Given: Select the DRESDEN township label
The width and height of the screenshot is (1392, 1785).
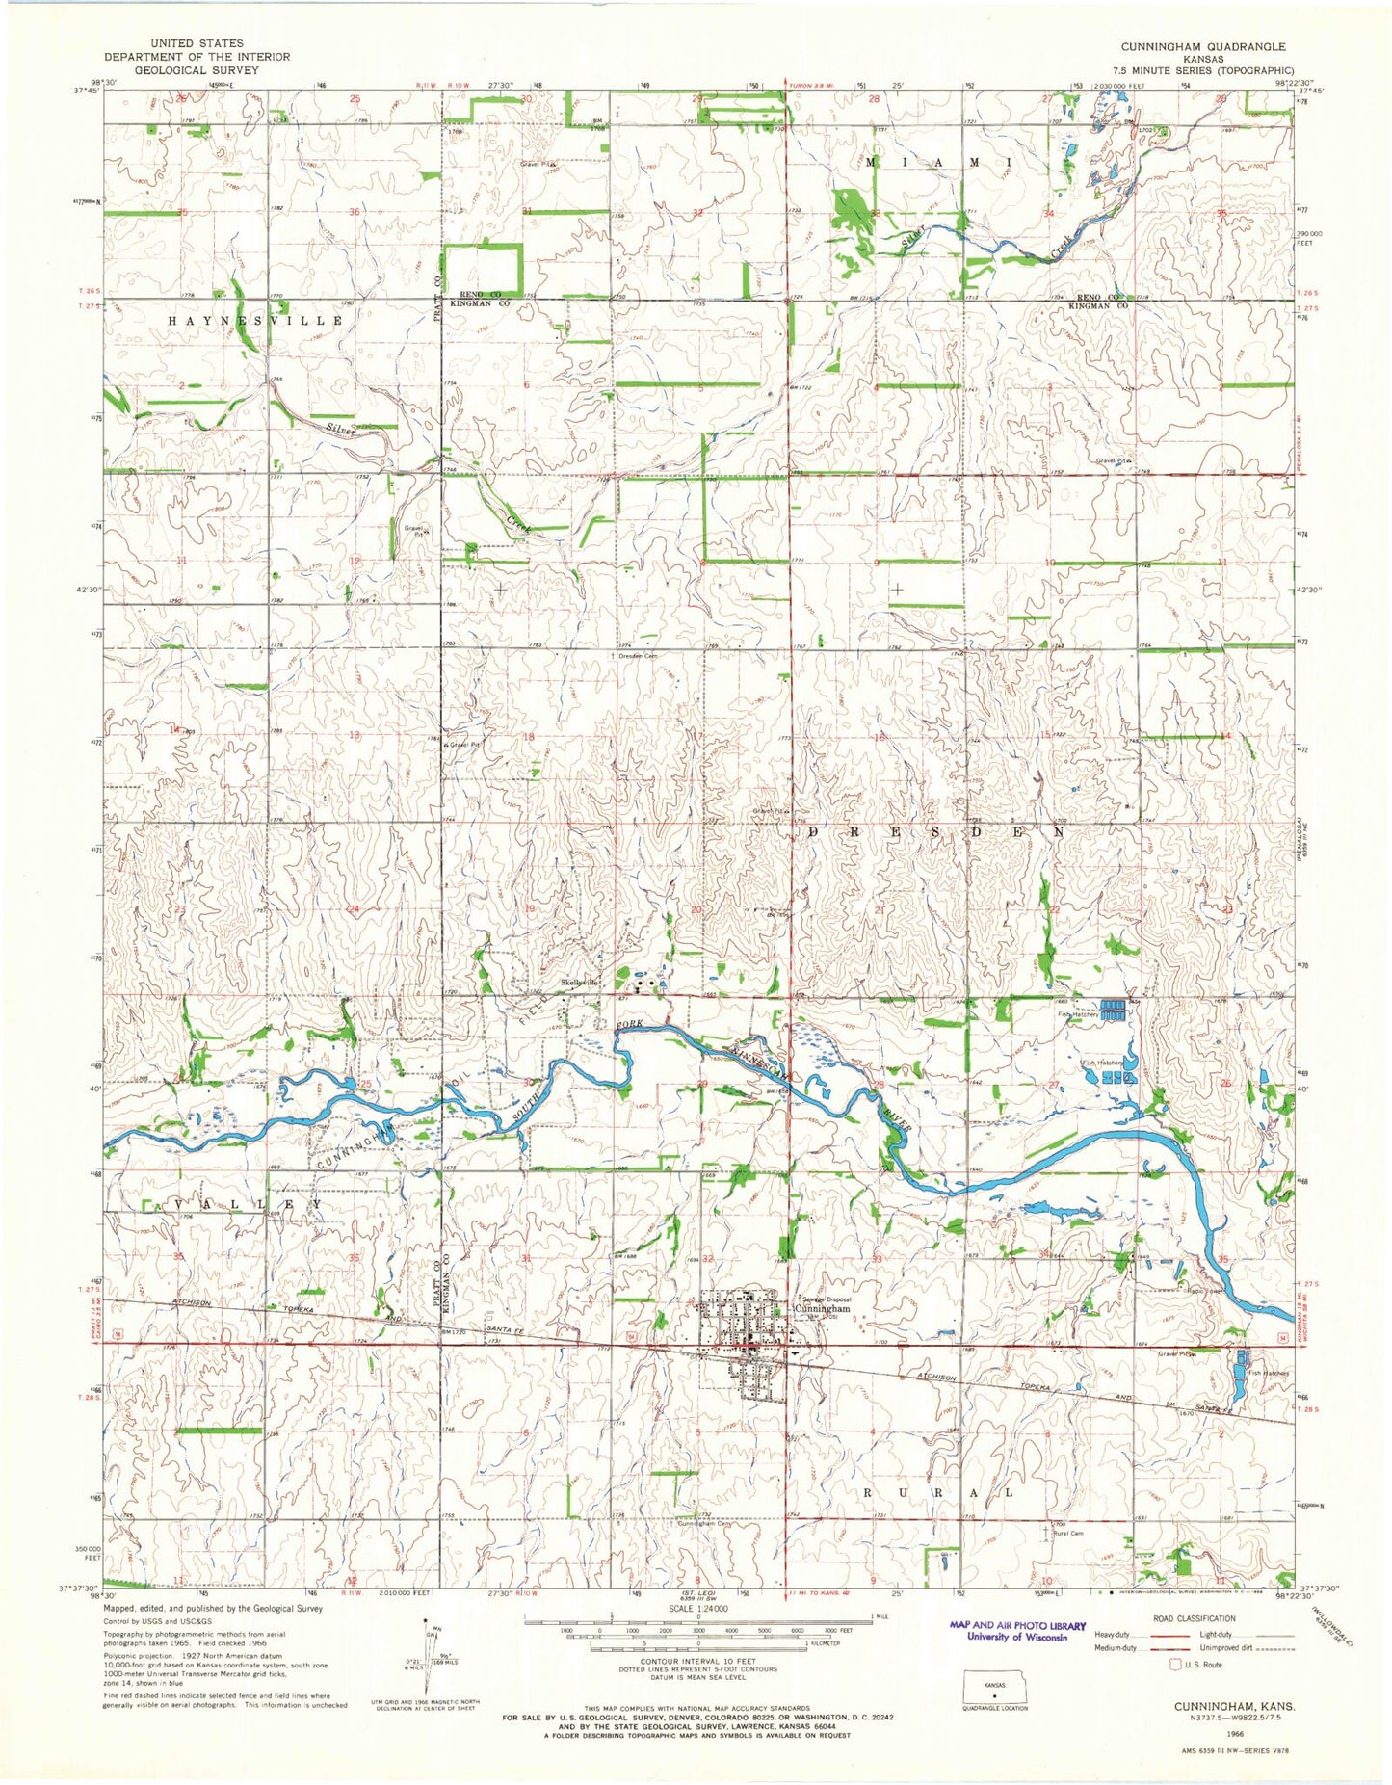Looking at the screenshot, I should coord(935,830).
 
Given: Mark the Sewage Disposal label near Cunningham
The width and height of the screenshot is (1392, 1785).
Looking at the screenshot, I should coord(824,1299).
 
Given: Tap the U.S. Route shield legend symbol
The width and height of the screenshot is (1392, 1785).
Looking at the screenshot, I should coord(1174,1664).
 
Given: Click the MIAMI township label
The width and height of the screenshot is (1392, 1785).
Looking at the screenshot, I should coord(935,163).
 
